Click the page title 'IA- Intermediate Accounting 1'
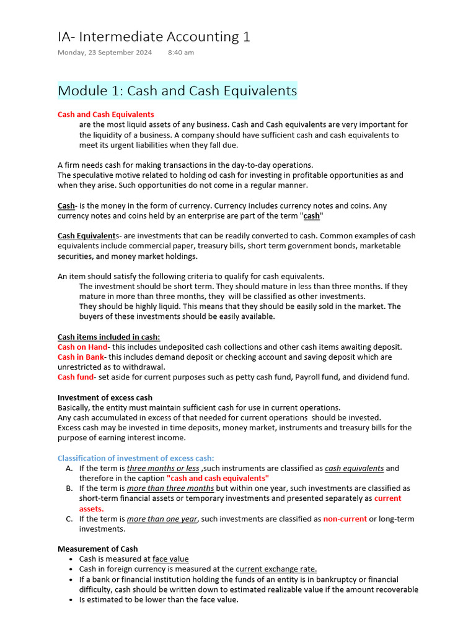tap(154, 37)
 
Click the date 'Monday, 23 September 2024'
tap(105, 53)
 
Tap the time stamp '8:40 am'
tap(180, 53)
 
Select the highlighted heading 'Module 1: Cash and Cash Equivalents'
tap(177, 91)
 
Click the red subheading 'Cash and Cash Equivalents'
tap(106, 115)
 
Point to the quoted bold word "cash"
tap(311, 216)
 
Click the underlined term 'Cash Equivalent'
tap(87, 236)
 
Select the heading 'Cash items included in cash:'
tap(108, 337)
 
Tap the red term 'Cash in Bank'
tap(81, 357)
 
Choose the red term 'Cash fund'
tap(76, 377)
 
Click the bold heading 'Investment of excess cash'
tap(105, 397)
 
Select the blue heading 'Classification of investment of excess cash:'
tap(136, 458)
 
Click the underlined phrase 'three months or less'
tap(163, 469)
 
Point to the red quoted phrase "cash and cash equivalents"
tap(217, 479)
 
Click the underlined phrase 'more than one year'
tap(162, 519)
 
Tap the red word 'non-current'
tap(345, 519)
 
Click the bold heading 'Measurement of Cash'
tap(97, 549)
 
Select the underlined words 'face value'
tap(170, 559)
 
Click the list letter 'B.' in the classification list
tap(69, 489)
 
